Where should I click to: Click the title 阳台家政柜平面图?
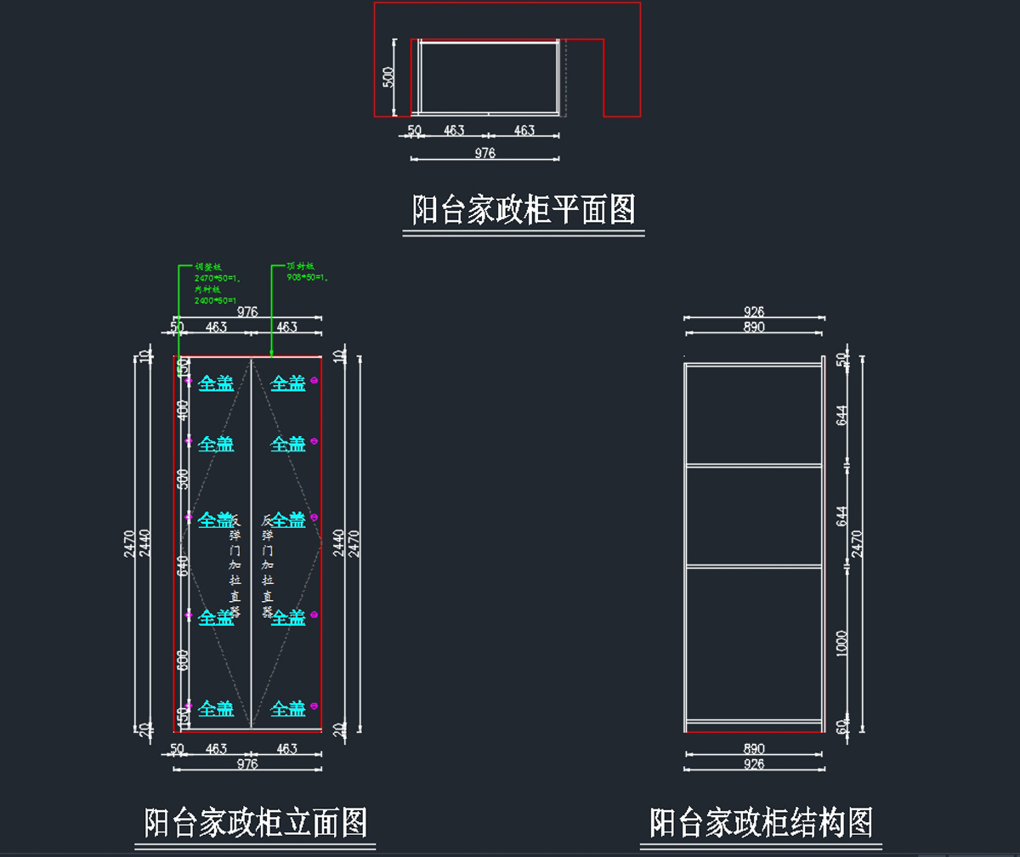coord(524,209)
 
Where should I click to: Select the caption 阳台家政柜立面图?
coord(256,823)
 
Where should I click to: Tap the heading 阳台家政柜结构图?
coord(761,823)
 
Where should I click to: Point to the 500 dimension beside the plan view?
coord(388,77)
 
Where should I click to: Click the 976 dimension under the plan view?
coord(484,153)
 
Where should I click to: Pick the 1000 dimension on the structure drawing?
coord(842,643)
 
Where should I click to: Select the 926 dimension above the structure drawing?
coord(754,312)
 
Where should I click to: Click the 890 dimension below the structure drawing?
coord(754,749)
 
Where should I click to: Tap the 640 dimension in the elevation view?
coord(182,565)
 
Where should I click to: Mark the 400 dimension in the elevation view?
coord(182,411)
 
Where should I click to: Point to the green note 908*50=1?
coord(308,277)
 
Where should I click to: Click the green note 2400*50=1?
coord(215,300)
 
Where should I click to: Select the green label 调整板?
coord(208,266)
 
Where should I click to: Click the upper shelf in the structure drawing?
coord(753,466)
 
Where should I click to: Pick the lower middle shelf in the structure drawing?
coord(753,565)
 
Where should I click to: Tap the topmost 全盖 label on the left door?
coord(216,384)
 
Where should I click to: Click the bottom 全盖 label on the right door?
coord(288,708)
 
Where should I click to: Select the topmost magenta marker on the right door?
coord(314,380)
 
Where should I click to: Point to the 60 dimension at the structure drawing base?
coord(842,726)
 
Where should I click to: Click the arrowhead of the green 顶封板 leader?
coord(270,353)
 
